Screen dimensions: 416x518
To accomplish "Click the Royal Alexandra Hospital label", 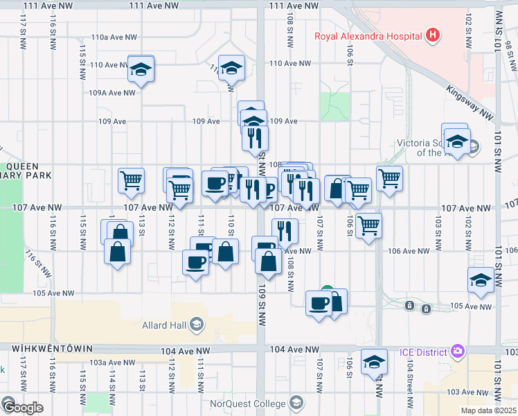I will click(x=368, y=36).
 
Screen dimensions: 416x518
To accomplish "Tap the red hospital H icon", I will click(x=433, y=35).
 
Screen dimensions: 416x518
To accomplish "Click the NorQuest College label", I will click(x=249, y=404).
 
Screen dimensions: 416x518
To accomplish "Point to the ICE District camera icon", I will click(x=456, y=352).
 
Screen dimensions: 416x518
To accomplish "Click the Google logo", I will click(x=22, y=408).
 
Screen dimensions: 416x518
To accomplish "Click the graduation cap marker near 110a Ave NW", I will click(x=141, y=69).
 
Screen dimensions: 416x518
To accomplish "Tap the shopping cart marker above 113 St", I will click(x=131, y=180).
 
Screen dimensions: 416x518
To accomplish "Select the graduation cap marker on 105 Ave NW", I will click(x=481, y=280).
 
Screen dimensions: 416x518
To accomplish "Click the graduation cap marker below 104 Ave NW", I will click(x=374, y=362).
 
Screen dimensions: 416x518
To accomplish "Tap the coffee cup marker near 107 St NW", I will click(x=319, y=303).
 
